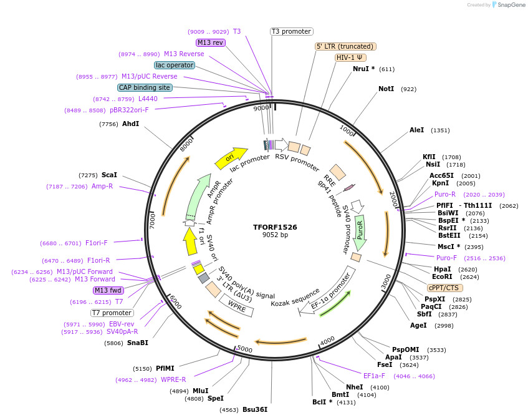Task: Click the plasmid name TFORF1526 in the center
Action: click(275, 227)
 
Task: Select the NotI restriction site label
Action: click(386, 89)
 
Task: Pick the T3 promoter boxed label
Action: click(291, 31)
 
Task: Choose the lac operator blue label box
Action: click(174, 65)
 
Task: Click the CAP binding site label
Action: click(145, 88)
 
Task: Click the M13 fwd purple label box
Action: click(108, 290)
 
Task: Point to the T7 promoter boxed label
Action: click(112, 313)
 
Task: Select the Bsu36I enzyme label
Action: click(254, 410)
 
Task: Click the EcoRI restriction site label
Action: click(443, 277)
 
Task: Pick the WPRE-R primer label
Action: click(173, 379)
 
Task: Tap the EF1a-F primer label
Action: click(374, 376)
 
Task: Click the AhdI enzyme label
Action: click(130, 124)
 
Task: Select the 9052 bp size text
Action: click(275, 235)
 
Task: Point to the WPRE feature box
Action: click(237, 305)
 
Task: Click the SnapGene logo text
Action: click(511, 5)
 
